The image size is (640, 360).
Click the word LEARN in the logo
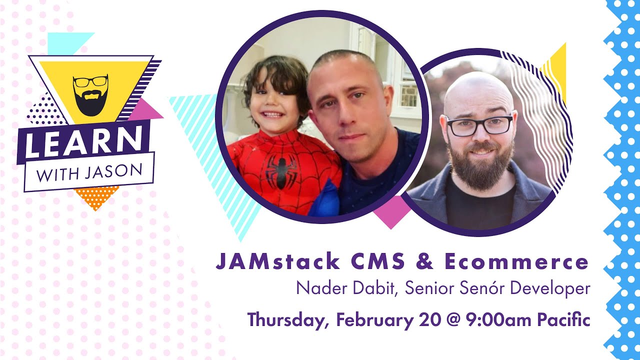point(82,142)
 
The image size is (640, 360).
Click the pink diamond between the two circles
point(390,212)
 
